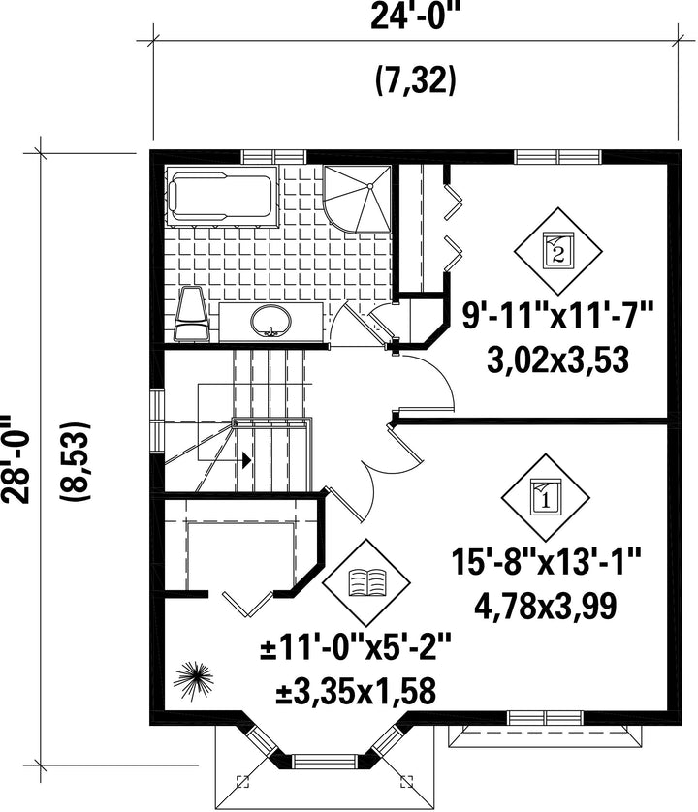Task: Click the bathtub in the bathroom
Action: pos(221,197)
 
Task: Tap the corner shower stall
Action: pos(357,199)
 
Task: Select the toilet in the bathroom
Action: pos(192,314)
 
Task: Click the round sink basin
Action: pos(270,321)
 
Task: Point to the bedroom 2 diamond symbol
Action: pos(557,251)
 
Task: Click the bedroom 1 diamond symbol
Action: pos(545,498)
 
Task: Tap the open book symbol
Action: pos(366,582)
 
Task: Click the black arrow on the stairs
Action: pos(245,459)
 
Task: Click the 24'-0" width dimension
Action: pos(415,18)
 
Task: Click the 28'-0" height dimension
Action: pos(15,458)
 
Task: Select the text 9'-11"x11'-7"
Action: pos(557,315)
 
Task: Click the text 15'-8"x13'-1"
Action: pos(546,562)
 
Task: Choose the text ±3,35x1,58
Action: pos(356,690)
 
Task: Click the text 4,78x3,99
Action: pos(546,606)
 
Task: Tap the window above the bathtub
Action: pos(274,156)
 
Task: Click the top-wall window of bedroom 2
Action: pos(558,156)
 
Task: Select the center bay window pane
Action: pos(326,761)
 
